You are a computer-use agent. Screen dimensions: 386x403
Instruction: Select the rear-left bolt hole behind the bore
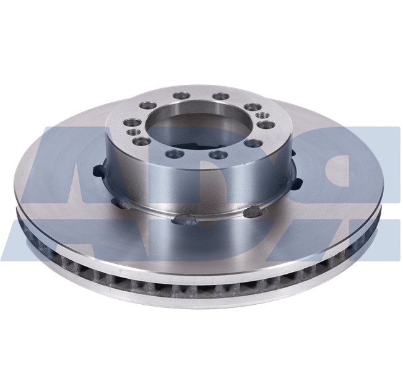181,96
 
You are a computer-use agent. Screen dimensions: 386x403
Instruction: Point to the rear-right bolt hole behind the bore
221,97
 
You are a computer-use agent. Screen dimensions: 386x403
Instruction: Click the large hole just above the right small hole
251,107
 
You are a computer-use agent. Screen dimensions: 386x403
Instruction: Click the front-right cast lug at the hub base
253,212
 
